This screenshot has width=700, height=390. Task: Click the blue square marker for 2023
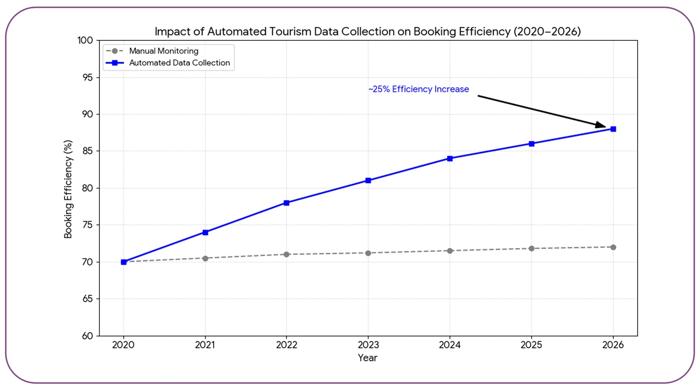pyautogui.click(x=368, y=181)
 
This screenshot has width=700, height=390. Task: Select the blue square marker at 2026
pyautogui.click(x=613, y=129)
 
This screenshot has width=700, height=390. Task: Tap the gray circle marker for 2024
pyautogui.click(x=450, y=251)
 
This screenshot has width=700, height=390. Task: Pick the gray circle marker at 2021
pyautogui.click(x=205, y=259)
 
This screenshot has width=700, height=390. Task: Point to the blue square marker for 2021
pyautogui.click(x=205, y=232)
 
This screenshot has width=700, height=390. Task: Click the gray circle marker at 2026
pyautogui.click(x=613, y=248)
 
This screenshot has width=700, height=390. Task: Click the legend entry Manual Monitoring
pyautogui.click(x=163, y=51)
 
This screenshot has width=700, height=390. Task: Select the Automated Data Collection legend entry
pyautogui.click(x=179, y=63)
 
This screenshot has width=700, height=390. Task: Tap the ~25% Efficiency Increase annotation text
pyautogui.click(x=418, y=89)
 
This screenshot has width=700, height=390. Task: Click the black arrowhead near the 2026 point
pyautogui.click(x=600, y=125)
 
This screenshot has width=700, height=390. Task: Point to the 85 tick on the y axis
pyautogui.click(x=88, y=151)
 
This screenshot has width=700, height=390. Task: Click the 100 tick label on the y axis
pyautogui.click(x=85, y=41)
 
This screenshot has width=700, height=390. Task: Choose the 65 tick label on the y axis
pyautogui.click(x=88, y=299)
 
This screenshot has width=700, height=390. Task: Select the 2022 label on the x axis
pyautogui.click(x=287, y=345)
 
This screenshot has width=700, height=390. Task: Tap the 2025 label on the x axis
pyautogui.click(x=531, y=345)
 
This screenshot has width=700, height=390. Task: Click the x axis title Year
pyautogui.click(x=367, y=358)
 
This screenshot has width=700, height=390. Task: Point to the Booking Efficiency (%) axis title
pyautogui.click(x=68, y=189)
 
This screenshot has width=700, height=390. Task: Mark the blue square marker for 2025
pyautogui.click(x=532, y=144)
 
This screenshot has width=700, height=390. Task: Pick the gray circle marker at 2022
pyautogui.click(x=286, y=254)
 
